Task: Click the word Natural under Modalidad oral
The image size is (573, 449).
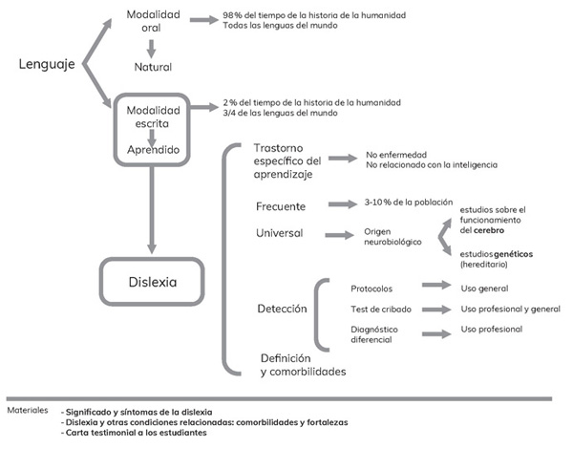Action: point(154,68)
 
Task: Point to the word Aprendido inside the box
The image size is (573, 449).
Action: point(154,151)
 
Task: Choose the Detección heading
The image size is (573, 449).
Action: point(282,310)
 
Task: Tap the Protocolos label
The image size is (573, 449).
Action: point(371,288)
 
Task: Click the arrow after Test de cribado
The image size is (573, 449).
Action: point(435,310)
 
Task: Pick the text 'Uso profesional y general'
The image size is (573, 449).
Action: point(511,310)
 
